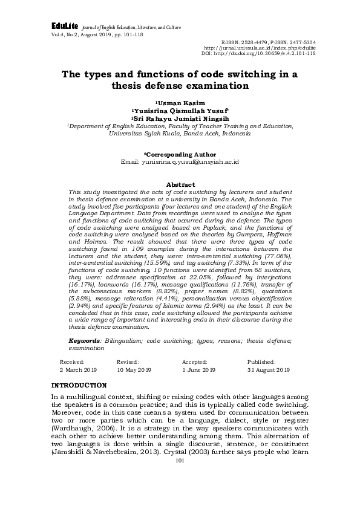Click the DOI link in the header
click(x=258, y=53)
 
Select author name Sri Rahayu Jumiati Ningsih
click(x=180, y=119)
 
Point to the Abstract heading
click(x=180, y=184)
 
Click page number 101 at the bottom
click(x=179, y=494)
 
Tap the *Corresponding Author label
click(x=180, y=155)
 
